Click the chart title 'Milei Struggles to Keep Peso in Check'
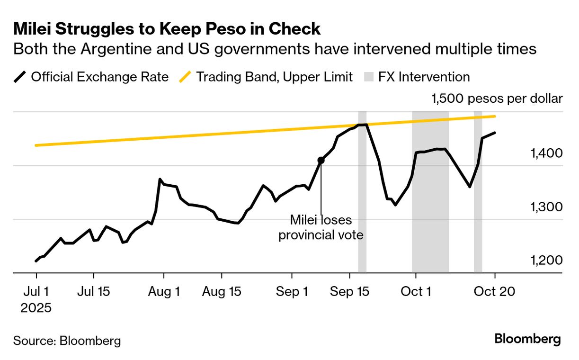point(167,29)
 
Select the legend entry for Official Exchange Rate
point(92,77)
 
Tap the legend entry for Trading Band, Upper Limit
point(267,77)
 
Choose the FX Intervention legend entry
point(417,77)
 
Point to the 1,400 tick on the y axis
point(547,153)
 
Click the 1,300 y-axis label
point(547,207)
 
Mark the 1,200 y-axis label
point(547,261)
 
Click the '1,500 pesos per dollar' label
point(497,99)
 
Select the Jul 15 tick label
point(94,292)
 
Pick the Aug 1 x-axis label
point(164,292)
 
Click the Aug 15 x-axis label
point(222,292)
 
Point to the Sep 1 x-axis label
point(292,292)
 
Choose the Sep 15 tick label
point(349,292)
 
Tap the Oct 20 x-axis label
point(495,292)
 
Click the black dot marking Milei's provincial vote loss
point(321,160)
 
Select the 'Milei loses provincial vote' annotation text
point(321,227)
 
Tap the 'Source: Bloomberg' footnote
point(67,341)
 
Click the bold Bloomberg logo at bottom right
point(527,339)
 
